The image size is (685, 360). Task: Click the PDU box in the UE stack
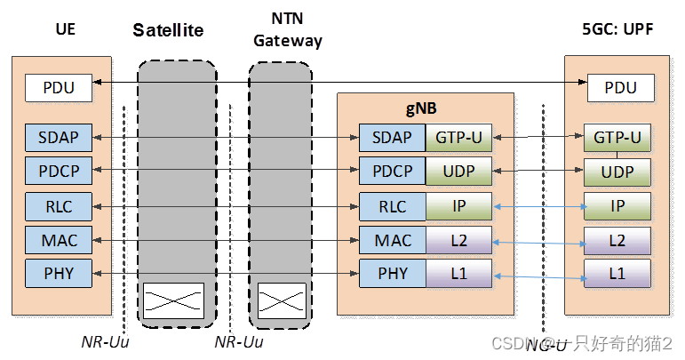60,88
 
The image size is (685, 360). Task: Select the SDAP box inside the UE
60,138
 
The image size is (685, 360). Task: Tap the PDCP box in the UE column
60,170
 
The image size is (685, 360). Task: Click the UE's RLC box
60,206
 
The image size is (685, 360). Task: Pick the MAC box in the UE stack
60,239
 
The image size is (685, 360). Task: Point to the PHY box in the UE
60,272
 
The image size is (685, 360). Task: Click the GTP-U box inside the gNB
460,138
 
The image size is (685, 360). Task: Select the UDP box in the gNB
460,170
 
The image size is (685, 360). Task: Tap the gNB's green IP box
460,206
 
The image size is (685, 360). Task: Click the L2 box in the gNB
460,239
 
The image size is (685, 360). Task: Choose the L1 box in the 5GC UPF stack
617,273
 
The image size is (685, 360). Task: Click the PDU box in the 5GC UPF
619,88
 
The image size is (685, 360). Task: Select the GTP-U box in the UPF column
617,138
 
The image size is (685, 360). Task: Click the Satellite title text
169,30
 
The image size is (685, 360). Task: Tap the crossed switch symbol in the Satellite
177,300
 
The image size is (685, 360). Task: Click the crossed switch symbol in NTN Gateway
281,300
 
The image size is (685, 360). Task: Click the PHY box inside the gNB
392,273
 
